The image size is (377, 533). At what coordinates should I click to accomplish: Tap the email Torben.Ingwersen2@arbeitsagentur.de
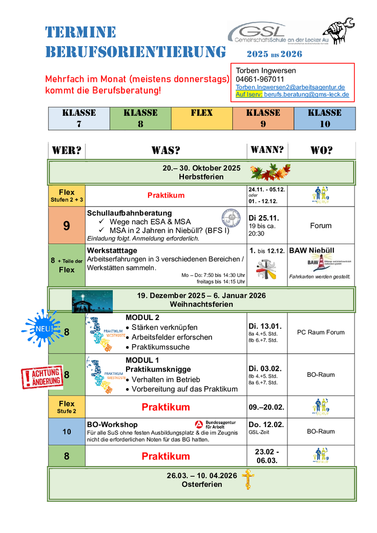pyautogui.click(x=290, y=87)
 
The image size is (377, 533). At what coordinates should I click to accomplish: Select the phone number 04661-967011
pyautogui.click(x=260, y=79)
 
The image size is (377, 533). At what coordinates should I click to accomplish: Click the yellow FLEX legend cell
pyautogui.click(x=201, y=118)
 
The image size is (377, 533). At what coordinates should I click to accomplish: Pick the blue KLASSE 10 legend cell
pyautogui.click(x=324, y=118)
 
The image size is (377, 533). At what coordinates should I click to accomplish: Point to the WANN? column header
pyautogui.click(x=267, y=150)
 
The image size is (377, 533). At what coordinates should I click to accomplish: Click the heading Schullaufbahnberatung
pyautogui.click(x=130, y=213)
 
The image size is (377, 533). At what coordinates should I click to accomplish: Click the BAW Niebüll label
pyautogui.click(x=311, y=251)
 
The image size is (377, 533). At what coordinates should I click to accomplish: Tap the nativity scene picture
pyautogui.click(x=92, y=301)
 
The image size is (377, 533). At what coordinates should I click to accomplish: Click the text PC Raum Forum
pyautogui.click(x=321, y=332)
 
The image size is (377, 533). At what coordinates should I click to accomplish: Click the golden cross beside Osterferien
pyautogui.click(x=248, y=479)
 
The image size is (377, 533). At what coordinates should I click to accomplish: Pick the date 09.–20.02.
pyautogui.click(x=267, y=407)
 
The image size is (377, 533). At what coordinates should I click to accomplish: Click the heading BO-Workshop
pyautogui.click(x=112, y=424)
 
